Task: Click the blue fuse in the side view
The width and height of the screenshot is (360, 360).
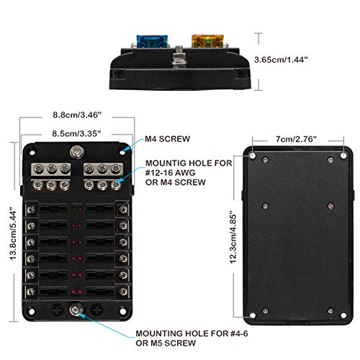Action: coord(153,42)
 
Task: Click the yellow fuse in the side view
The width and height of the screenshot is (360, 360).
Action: coord(207,41)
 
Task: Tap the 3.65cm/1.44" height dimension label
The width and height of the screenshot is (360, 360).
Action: coord(281,60)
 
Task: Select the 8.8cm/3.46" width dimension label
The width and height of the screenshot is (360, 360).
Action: coord(77,115)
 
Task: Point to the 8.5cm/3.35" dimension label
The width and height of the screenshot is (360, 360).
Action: coord(76,133)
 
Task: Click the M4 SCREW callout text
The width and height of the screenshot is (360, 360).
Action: coord(168,139)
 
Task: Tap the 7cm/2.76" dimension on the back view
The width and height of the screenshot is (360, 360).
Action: coord(296,139)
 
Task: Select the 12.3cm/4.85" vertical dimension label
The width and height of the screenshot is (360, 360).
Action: coord(233,238)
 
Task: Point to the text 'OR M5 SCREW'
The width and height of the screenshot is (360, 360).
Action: coord(166,343)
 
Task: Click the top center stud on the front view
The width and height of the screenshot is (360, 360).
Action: coord(77,152)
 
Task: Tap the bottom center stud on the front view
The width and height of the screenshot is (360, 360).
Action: coord(76,310)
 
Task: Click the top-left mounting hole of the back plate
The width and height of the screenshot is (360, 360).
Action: coord(252,156)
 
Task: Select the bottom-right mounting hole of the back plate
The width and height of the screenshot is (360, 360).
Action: coord(343,315)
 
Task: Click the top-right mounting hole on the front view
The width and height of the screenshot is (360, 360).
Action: coord(122,152)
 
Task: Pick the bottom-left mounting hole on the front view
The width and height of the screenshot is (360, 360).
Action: coord(32,311)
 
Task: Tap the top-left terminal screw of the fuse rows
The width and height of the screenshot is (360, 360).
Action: coord(31,210)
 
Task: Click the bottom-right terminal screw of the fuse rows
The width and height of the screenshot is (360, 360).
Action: coord(123,292)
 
